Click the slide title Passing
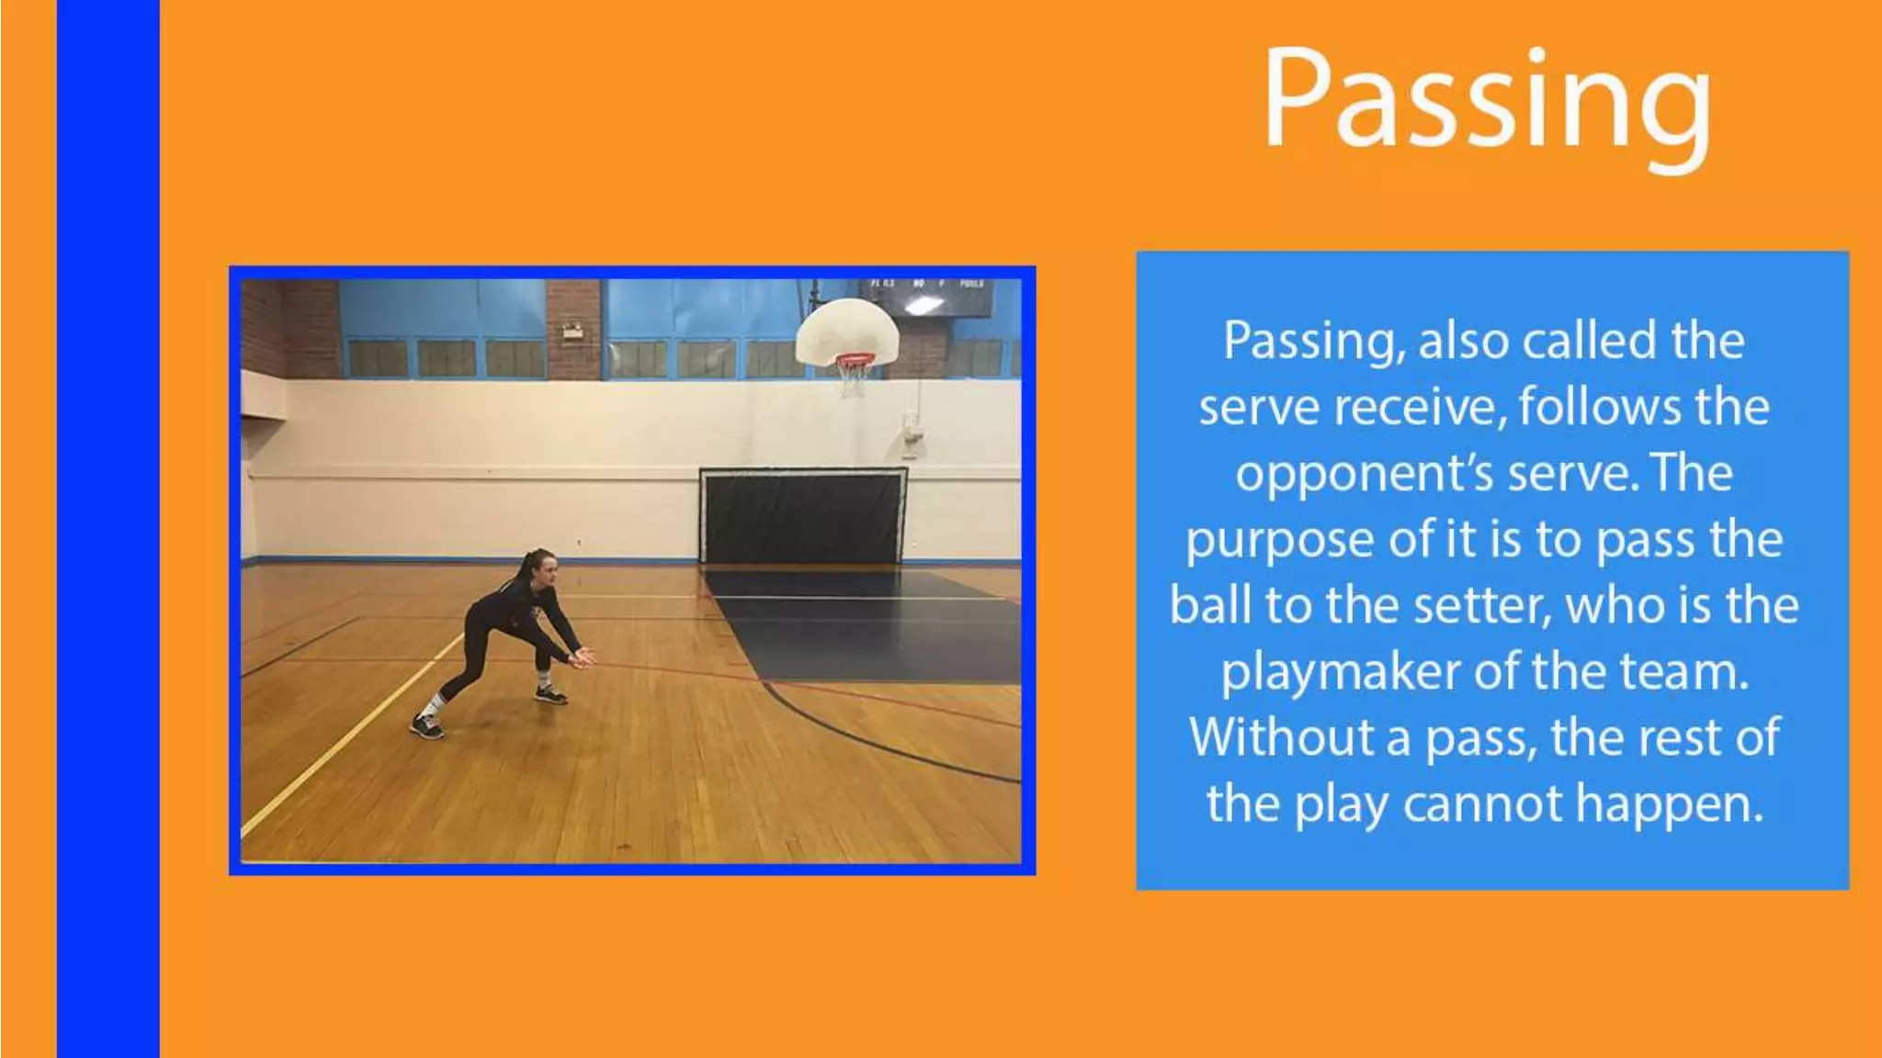pos(1486,99)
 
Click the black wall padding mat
pos(803,516)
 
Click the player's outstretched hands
pos(583,658)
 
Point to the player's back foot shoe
pos(427,726)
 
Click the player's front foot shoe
pos(550,695)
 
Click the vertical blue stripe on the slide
pos(108,529)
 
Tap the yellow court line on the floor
pos(349,735)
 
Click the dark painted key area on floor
pos(873,625)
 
